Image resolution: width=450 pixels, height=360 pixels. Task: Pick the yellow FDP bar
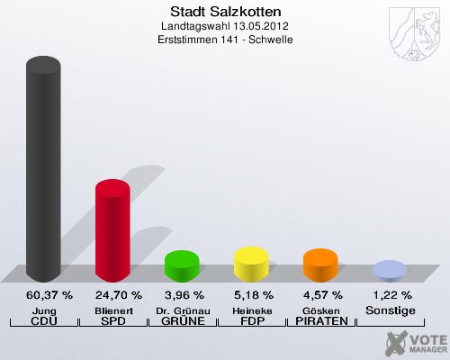[x=251, y=263]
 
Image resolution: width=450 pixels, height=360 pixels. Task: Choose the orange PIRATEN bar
[x=320, y=264]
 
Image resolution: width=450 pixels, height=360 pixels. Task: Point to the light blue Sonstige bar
[x=390, y=269]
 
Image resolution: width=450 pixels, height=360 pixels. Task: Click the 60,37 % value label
[x=43, y=295]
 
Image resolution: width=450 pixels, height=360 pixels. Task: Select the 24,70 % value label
[x=112, y=295]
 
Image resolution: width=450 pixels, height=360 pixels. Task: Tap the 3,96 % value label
[x=182, y=295]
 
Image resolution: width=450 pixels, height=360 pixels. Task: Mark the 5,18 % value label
[x=251, y=295]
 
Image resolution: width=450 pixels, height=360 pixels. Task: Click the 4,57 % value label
[x=320, y=295]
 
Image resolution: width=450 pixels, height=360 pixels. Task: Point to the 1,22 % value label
[x=390, y=295]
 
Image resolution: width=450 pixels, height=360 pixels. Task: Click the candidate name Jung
[x=43, y=310]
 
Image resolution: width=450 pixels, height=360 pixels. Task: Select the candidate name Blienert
[x=112, y=310]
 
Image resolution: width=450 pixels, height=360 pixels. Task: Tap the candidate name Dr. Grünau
[x=182, y=310]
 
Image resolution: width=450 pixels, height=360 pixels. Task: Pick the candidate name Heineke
[x=251, y=310]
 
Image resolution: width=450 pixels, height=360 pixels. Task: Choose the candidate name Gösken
[x=320, y=310]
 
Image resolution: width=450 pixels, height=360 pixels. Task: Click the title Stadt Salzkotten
[x=225, y=12]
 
